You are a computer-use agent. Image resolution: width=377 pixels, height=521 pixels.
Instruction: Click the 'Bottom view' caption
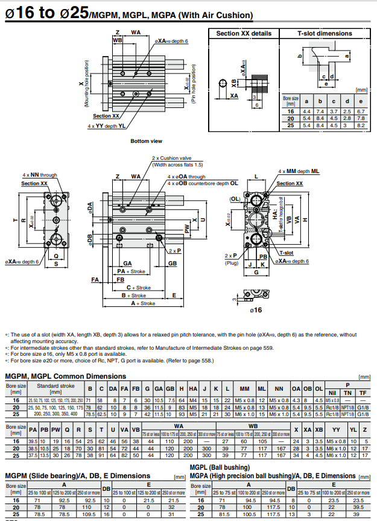point(147,141)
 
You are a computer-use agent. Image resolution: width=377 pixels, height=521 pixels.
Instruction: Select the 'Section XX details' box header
point(244,33)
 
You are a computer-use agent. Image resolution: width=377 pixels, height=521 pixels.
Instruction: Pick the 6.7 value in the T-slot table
point(361,112)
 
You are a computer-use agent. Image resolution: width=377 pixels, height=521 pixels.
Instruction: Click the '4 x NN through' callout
point(40,175)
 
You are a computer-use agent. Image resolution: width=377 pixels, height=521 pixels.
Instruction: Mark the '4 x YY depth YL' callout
point(107,126)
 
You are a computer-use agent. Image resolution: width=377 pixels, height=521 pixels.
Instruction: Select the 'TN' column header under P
point(346,393)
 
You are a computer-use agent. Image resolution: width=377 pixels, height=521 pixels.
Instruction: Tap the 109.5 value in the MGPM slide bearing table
point(89,514)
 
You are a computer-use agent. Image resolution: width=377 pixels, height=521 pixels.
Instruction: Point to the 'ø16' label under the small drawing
point(255,310)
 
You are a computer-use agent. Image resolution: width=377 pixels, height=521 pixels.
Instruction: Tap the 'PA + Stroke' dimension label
point(132,271)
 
